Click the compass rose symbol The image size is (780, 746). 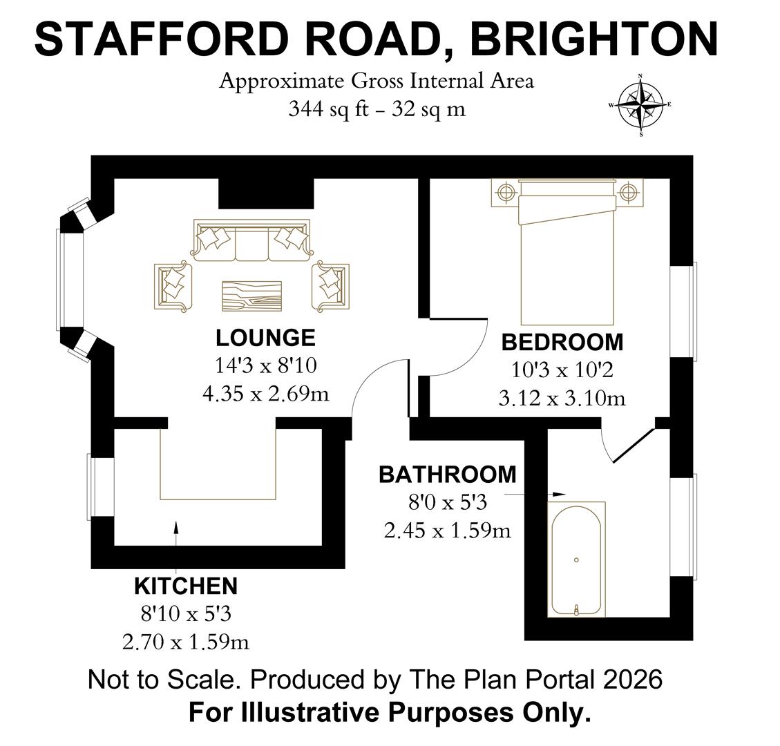[x=640, y=105]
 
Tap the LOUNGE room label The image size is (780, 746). [x=265, y=338]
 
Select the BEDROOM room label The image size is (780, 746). [x=562, y=343]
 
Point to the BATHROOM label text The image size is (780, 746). [x=448, y=475]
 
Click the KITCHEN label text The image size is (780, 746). [x=186, y=587]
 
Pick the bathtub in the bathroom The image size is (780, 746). [x=577, y=559]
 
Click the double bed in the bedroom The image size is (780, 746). [x=567, y=253]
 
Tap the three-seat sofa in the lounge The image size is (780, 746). [x=252, y=240]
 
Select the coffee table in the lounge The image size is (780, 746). [x=252, y=296]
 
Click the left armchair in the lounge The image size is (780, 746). [x=173, y=287]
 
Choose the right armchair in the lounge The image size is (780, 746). [x=330, y=287]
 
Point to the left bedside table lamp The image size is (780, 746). [x=504, y=191]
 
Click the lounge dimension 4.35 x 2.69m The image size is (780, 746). [x=265, y=394]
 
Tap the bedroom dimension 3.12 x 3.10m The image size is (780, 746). [x=562, y=399]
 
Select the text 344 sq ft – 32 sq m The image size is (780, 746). [x=377, y=109]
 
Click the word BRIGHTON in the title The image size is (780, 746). [x=594, y=39]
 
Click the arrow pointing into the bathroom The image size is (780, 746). [x=535, y=495]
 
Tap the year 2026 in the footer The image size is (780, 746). [x=633, y=680]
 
